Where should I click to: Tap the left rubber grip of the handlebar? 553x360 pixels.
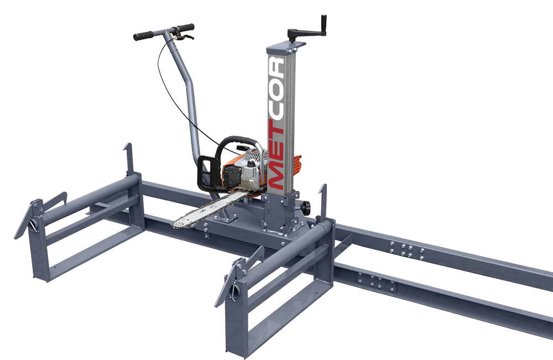[x=143, y=35]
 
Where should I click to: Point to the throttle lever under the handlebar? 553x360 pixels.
[x=186, y=36]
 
